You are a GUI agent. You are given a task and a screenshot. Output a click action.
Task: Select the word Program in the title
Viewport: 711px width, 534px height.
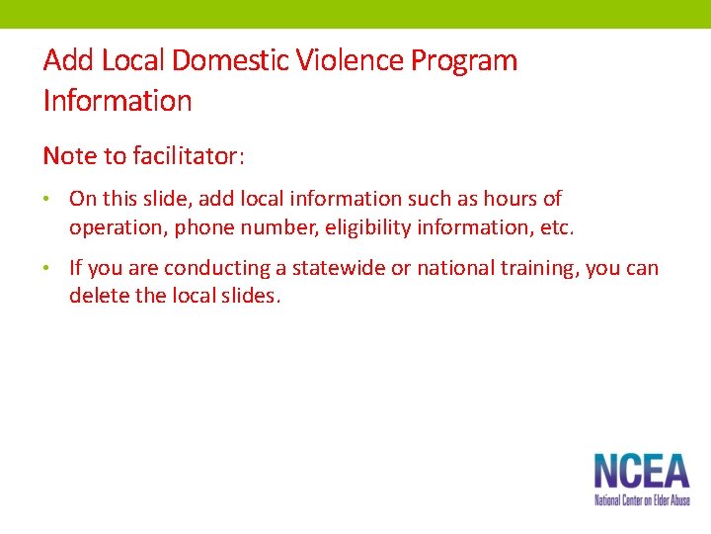click(464, 60)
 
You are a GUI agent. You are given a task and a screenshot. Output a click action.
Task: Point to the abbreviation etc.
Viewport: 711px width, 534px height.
click(555, 227)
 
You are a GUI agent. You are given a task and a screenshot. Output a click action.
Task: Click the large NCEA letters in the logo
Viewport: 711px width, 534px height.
click(641, 471)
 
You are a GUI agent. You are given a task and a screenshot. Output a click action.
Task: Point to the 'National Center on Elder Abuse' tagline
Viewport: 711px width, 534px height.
click(641, 500)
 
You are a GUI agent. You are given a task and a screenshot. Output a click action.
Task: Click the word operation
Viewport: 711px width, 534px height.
click(118, 227)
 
